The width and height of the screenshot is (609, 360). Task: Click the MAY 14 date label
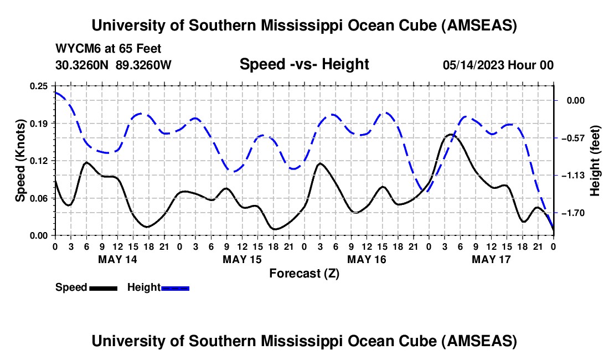[x=117, y=259]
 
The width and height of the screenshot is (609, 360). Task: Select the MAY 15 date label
[x=242, y=259]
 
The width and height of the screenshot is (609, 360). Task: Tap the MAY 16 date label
[x=367, y=259]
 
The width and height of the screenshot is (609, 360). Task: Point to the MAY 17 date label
[x=491, y=259]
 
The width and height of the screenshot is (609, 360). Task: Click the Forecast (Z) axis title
[x=304, y=273]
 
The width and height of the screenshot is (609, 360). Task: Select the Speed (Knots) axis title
[x=20, y=161]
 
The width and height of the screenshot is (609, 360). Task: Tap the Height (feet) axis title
[x=595, y=161]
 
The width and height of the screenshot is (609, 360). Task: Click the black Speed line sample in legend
[x=103, y=288]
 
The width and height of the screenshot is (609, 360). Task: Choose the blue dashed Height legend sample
[x=176, y=288]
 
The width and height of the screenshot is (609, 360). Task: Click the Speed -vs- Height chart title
[x=304, y=64]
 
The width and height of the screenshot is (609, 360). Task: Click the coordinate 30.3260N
[x=82, y=65]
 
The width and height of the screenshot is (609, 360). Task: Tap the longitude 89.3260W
[x=144, y=65]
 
